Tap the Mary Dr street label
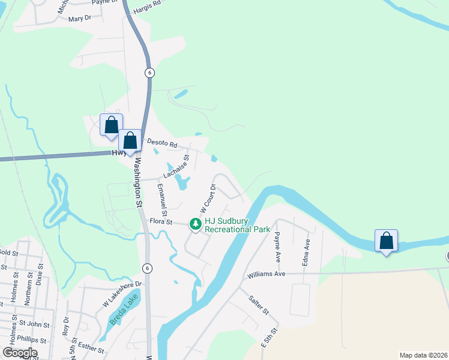[80, 19]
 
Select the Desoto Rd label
[162, 144]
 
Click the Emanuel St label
[161, 200]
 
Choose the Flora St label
[161, 222]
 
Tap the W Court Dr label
[208, 198]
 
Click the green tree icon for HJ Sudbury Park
[195, 224]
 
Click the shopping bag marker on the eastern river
[387, 241]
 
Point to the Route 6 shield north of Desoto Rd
[149, 73]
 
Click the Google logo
[19, 353]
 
